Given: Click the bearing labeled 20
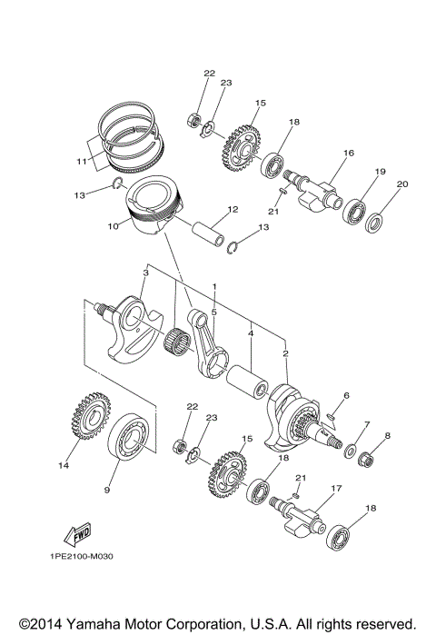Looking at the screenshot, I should click(x=376, y=219).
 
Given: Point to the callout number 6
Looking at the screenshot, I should click(x=345, y=395).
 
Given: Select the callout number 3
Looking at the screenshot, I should click(x=145, y=273).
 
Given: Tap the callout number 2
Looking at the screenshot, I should click(x=286, y=352).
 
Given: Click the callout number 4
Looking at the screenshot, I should click(x=251, y=332).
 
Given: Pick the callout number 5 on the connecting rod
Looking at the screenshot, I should click(x=214, y=311).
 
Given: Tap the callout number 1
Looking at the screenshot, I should click(x=214, y=287).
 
